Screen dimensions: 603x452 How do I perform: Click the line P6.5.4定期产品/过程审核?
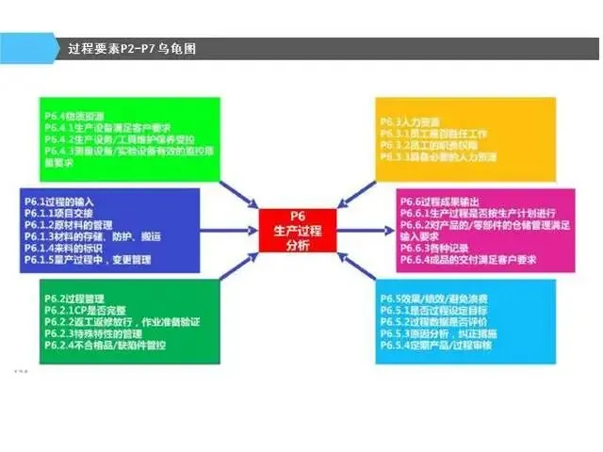coord(443,346)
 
